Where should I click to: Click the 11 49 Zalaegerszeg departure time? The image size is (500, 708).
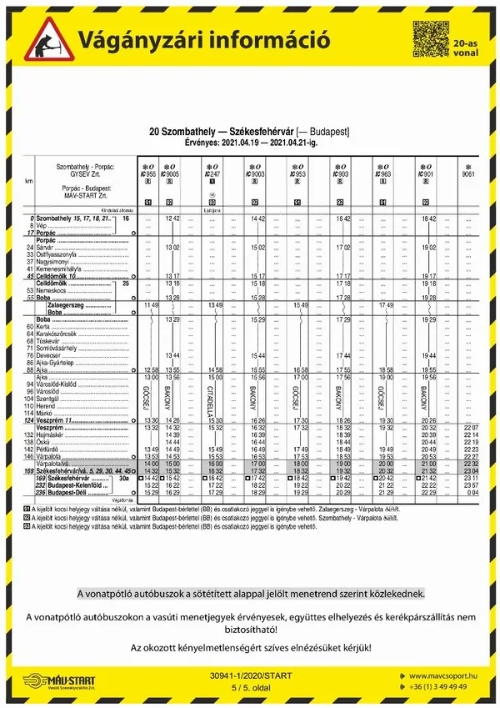[x=151, y=305]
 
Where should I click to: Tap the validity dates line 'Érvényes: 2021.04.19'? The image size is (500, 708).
[x=249, y=143]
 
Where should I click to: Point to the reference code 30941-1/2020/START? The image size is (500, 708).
[x=249, y=672]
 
